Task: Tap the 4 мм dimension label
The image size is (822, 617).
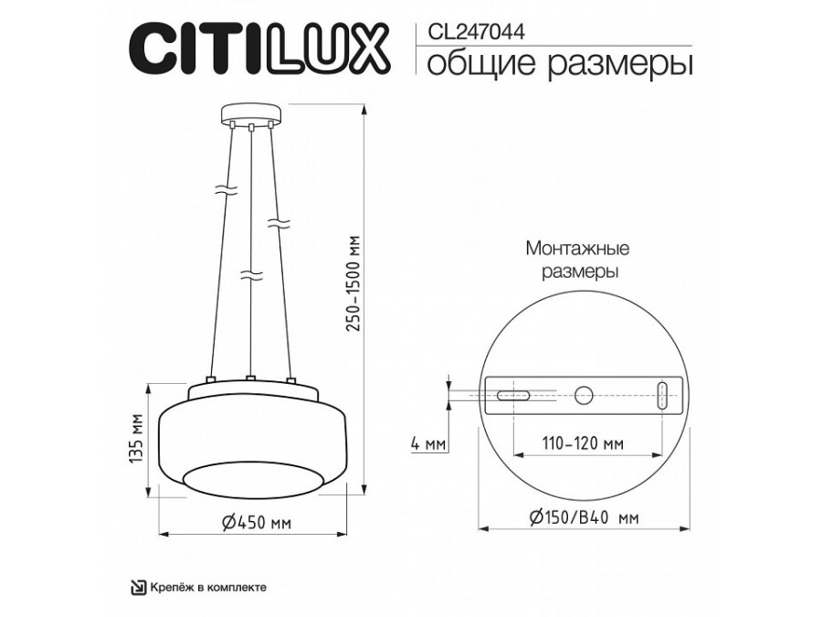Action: [427, 445]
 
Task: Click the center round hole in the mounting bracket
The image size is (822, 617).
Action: [584, 396]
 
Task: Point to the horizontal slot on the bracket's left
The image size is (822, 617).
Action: [514, 396]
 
